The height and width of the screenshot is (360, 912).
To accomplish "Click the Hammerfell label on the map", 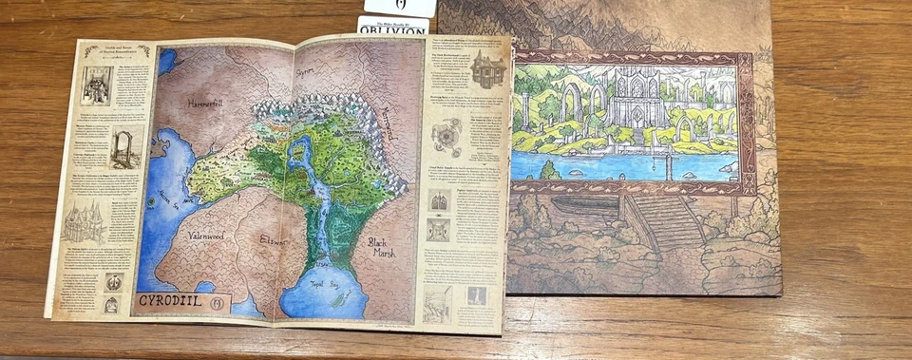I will click(x=204, y=104).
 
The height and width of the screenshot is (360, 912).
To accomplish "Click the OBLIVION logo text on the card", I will click(x=393, y=28).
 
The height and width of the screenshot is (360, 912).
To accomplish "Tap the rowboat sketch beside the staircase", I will click(x=585, y=205).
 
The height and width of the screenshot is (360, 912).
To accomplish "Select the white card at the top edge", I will click(x=399, y=7).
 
